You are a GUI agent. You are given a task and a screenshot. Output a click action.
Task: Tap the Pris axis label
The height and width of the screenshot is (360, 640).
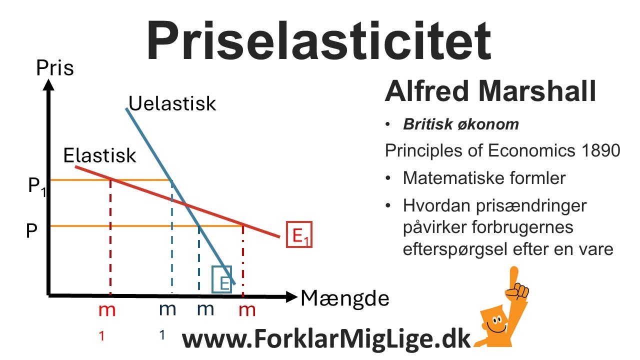(x=55, y=68)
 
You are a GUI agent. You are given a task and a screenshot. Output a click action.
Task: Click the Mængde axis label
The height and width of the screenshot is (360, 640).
(x=344, y=298)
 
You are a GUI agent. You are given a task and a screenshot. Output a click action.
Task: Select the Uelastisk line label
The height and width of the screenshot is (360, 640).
(x=172, y=103)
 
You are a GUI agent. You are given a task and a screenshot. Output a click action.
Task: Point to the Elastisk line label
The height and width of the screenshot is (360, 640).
(x=100, y=155)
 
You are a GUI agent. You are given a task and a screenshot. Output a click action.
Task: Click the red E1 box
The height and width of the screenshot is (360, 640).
(x=299, y=234)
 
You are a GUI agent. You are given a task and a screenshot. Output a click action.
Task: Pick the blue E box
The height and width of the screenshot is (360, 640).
(x=222, y=278)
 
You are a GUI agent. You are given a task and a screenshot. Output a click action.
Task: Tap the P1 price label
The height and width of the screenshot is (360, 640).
(x=36, y=187)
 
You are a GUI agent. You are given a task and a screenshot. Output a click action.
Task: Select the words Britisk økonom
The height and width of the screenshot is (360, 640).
(x=461, y=124)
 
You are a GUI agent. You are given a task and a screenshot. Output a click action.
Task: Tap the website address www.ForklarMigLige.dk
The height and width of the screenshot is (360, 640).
(x=326, y=339)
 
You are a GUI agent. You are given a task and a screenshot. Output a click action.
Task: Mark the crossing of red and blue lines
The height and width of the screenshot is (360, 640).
(x=185, y=204)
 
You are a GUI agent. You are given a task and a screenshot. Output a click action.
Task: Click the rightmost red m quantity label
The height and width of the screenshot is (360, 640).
(x=247, y=310)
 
